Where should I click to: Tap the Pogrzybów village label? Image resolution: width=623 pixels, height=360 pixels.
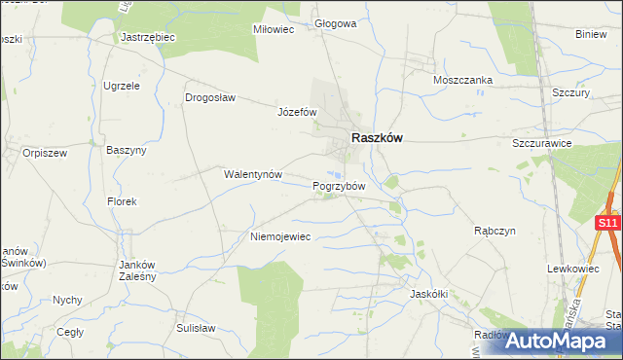click(x=339, y=186)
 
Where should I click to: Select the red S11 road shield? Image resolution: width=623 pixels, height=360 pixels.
click(x=607, y=224)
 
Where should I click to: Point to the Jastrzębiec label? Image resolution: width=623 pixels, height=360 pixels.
click(x=147, y=37)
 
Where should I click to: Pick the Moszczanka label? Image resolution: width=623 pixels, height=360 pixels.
click(x=463, y=80)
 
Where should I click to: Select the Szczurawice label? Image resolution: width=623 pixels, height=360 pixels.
click(x=542, y=143)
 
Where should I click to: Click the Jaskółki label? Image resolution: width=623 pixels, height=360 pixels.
click(x=428, y=293)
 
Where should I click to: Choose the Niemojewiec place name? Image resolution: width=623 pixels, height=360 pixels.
click(x=280, y=236)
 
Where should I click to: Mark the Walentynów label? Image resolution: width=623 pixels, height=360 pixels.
click(x=253, y=175)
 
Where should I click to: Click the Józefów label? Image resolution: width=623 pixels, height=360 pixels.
click(x=298, y=112)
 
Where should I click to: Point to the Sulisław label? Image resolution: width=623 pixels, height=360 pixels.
click(x=196, y=329)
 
